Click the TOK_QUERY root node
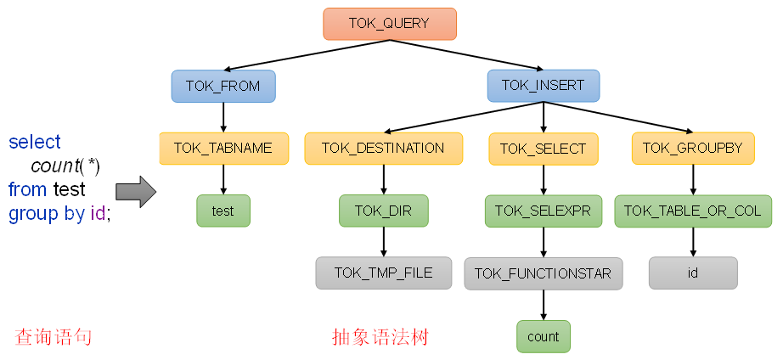390,24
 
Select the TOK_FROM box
223,86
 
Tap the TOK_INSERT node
543,85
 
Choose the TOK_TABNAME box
223,148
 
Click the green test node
223,211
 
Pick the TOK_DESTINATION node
383,148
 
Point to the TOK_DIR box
383,211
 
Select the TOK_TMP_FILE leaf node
383,273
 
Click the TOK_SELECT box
543,149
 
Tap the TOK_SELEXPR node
543,211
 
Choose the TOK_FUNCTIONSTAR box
543,273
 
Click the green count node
543,336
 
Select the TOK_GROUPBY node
692,148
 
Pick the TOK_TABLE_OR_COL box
693,211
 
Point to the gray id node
693,273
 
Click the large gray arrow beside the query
136,192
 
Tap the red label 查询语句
53,337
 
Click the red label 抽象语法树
380,337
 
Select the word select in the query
35,142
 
